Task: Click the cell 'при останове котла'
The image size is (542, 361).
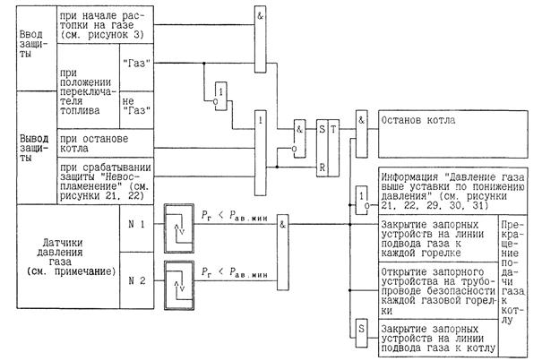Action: point(99,144)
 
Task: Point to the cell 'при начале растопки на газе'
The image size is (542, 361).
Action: point(100,32)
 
